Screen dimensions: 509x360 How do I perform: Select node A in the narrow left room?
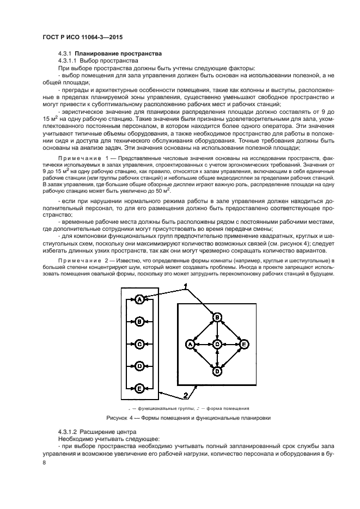pyautogui.click(x=139, y=299)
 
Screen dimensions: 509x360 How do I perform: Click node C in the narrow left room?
pyautogui.click(x=139, y=344)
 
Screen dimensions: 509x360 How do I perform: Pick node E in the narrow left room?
pyautogui.click(x=139, y=388)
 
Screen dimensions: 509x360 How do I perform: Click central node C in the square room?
pyautogui.click(x=217, y=345)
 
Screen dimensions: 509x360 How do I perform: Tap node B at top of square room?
pyautogui.click(x=217, y=317)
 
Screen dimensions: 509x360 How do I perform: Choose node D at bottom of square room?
pyautogui.click(x=217, y=372)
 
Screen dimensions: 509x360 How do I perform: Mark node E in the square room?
pyautogui.click(x=244, y=345)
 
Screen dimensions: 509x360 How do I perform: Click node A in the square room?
pyautogui.click(x=190, y=345)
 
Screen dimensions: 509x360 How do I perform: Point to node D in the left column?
pyautogui.click(x=139, y=366)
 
